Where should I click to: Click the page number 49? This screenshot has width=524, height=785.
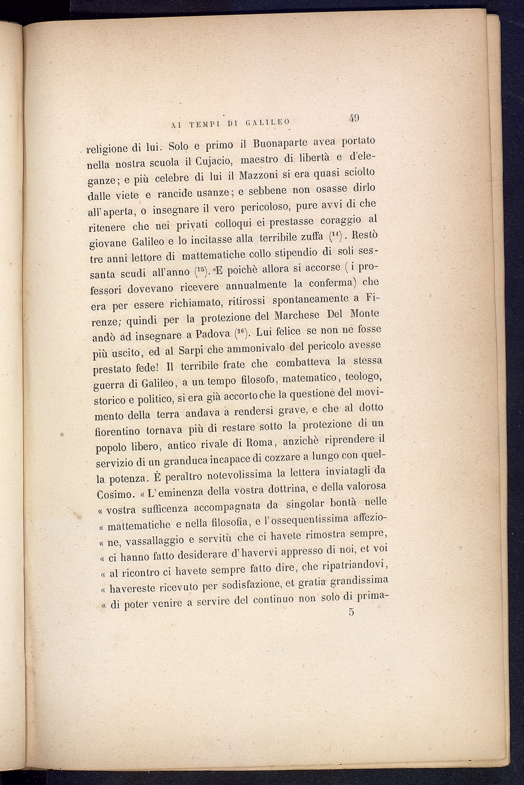pyautogui.click(x=355, y=117)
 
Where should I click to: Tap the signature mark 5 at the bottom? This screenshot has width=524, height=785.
pyautogui.click(x=351, y=612)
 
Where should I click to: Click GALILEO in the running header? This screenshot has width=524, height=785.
pyautogui.click(x=267, y=123)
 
